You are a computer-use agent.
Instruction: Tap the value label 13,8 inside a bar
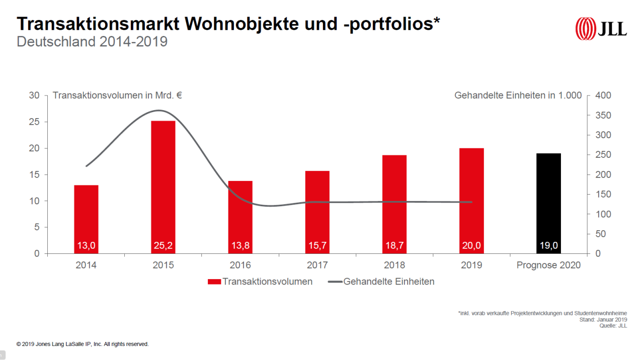pyautogui.click(x=240, y=246)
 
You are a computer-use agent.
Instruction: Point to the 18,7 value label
pyautogui.click(x=394, y=246)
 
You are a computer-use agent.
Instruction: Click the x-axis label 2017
pyautogui.click(x=317, y=265)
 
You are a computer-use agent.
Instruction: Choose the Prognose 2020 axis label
pyautogui.click(x=548, y=265)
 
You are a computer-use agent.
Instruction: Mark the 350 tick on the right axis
pyautogui.click(x=603, y=115)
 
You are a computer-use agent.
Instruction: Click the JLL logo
pyautogui.click(x=601, y=28)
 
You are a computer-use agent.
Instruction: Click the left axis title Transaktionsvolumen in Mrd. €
pyautogui.click(x=117, y=95)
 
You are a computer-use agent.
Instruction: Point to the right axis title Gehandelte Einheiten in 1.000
pyautogui.click(x=518, y=95)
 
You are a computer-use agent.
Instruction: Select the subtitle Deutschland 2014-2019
pyautogui.click(x=92, y=42)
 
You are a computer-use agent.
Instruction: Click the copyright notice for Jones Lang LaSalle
pyautogui.click(x=83, y=344)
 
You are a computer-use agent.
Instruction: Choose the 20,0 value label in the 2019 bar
pyautogui.click(x=471, y=246)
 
